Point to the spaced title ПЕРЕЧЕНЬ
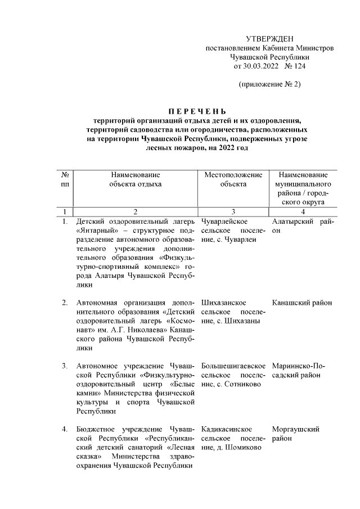click(197, 110)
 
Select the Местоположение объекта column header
click(233, 179)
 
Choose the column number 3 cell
click(233, 211)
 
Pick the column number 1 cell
click(65, 211)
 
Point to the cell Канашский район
click(301, 303)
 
